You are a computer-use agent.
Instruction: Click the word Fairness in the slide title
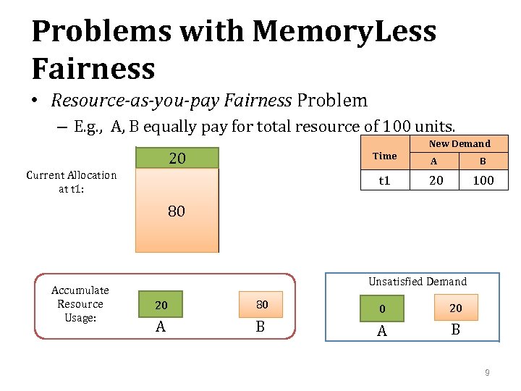[93, 69]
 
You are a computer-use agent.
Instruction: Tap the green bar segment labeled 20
[177, 158]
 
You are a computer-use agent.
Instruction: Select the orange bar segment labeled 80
[177, 211]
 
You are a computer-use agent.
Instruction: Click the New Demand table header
[459, 143]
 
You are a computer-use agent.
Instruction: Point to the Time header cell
[384, 156]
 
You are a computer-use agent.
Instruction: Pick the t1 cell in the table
[384, 180]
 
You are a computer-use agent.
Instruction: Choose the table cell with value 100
[483, 180]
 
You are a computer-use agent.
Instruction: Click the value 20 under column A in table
[436, 180]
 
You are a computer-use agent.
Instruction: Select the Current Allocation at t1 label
[71, 182]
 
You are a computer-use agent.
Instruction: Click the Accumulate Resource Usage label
[80, 304]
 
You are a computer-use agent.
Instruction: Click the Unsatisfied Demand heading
[418, 282]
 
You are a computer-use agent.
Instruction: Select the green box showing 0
[383, 309]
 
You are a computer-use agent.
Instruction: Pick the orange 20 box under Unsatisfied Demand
[455, 308]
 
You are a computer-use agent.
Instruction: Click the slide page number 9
[487, 373]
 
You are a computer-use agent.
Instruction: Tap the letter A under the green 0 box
[383, 331]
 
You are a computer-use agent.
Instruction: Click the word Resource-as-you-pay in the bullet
[133, 101]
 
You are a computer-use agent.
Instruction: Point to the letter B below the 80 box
[260, 327]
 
